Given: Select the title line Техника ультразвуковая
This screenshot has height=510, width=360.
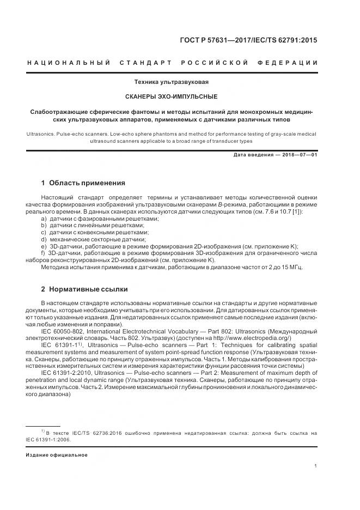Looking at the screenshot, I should pyautogui.click(x=172, y=82).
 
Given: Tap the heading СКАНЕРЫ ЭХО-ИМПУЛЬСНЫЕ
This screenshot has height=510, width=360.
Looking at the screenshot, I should pyautogui.click(x=172, y=96).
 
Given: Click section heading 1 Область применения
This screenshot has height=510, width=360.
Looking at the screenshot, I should pyautogui.click(x=83, y=183).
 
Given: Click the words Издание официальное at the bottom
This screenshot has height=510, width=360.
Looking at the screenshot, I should pyautogui.click(x=57, y=454).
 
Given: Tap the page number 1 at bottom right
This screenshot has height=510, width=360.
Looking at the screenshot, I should pyautogui.click(x=316, y=466).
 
